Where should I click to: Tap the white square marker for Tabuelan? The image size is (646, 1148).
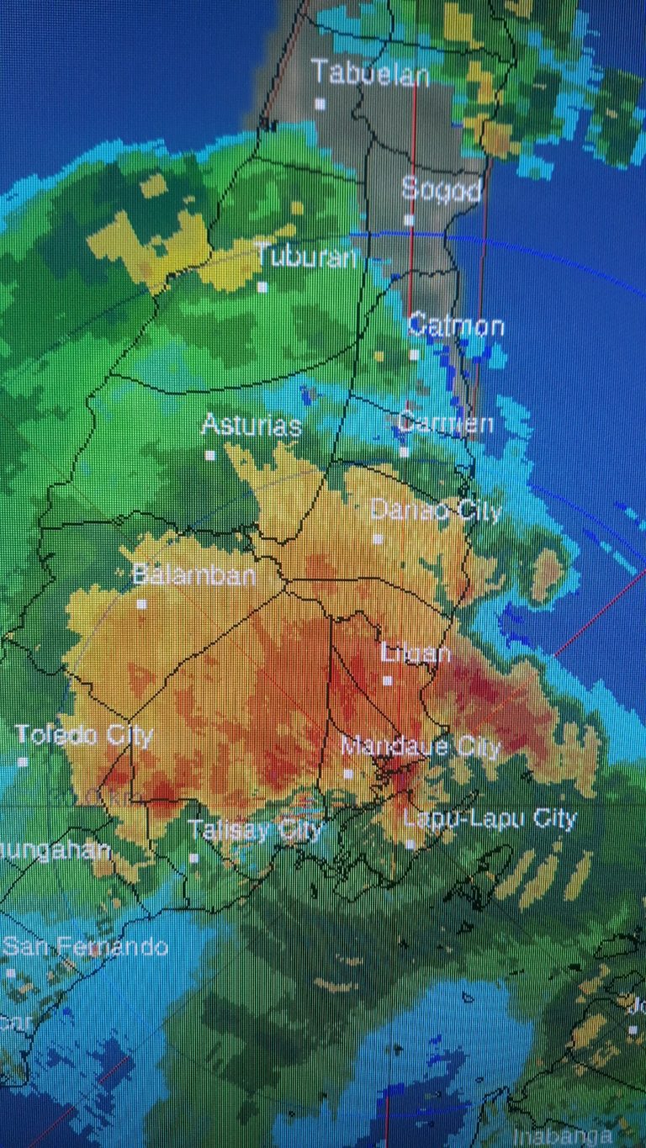(320, 103)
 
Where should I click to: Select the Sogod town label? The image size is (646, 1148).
(442, 188)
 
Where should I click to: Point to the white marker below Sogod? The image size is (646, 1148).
(409, 220)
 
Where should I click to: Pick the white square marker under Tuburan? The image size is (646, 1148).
(262, 287)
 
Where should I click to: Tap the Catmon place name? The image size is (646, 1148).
(456, 325)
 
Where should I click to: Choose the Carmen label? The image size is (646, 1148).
(445, 421)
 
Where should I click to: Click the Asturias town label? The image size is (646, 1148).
(251, 425)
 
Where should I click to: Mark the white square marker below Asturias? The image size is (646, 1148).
(209, 455)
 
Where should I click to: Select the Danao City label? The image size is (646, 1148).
(436, 510)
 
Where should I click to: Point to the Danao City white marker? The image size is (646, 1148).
(378, 538)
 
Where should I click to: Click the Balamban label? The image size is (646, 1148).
(194, 575)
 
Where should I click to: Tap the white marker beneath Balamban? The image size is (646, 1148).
(141, 604)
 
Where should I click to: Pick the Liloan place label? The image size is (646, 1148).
(416, 653)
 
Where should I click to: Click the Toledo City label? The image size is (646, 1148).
(84, 735)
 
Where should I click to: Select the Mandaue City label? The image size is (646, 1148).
(421, 745)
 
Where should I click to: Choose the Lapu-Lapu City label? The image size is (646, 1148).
(490, 818)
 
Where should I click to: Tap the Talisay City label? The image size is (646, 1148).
(255, 831)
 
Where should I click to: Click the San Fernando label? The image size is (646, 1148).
(86, 946)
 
